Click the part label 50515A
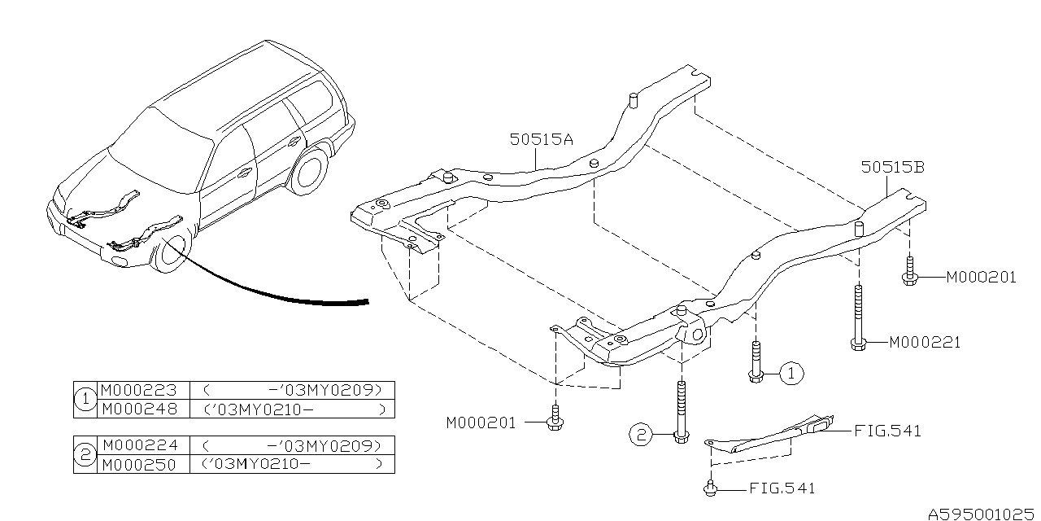coord(542,139)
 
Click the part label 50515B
coord(893,168)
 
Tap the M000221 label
coord(924,342)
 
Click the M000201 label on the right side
coord(980,277)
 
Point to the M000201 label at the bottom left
coord(481,422)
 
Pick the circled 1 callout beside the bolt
coord(791,374)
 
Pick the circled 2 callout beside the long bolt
coord(641,436)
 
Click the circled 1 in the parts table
coord(85,399)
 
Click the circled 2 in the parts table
coord(85,455)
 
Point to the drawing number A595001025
coord(982,513)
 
